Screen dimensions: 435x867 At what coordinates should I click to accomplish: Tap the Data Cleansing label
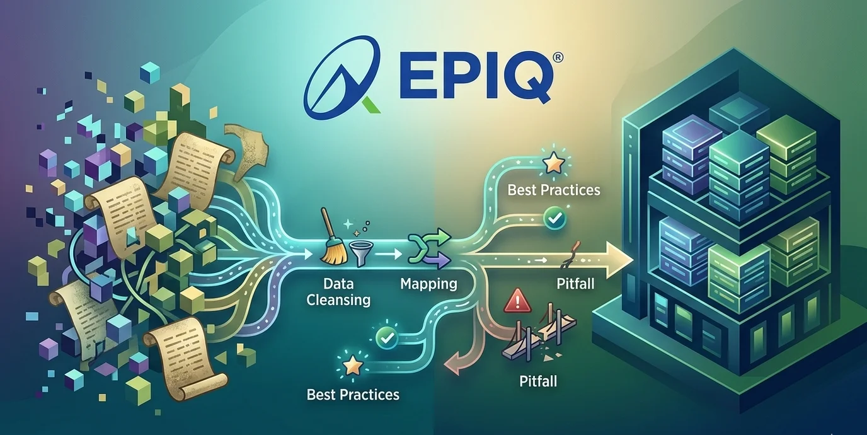click(338, 292)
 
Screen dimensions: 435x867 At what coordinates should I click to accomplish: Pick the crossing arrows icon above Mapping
click(429, 248)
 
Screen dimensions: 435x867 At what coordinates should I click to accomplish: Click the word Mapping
click(428, 284)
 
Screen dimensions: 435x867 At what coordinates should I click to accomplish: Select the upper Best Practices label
click(553, 190)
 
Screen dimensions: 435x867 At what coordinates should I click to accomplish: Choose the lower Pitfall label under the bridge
click(538, 381)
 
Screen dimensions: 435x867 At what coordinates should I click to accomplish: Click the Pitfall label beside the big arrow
click(575, 284)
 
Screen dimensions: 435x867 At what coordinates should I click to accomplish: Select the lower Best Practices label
click(353, 395)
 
